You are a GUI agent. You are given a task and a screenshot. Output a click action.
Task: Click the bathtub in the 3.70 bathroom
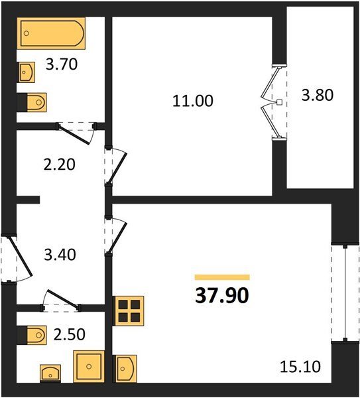[x=51, y=33]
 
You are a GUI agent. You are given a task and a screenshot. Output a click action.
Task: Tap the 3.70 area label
[x=62, y=64]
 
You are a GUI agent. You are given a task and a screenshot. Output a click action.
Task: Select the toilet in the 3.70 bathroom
[x=32, y=102]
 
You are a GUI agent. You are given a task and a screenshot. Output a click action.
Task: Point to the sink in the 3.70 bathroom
[x=26, y=72]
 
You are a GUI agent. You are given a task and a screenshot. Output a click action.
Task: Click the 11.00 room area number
[x=193, y=101]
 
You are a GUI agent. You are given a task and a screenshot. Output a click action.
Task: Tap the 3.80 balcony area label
[x=317, y=95]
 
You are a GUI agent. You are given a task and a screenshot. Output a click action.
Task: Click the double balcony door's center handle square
[x=279, y=102]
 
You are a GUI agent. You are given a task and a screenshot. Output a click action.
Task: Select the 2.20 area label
[x=60, y=165]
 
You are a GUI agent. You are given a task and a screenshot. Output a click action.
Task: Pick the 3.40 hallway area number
[x=60, y=255]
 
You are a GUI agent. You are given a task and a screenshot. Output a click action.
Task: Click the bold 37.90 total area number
[x=222, y=296]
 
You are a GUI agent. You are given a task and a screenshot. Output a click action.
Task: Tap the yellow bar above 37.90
[x=222, y=277]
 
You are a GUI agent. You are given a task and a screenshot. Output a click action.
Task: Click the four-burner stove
[x=128, y=311]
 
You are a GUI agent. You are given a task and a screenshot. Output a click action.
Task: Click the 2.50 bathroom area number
[x=70, y=334]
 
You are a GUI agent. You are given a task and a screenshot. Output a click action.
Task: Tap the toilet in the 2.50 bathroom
[x=32, y=335]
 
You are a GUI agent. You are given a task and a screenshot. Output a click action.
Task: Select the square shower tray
[x=89, y=366]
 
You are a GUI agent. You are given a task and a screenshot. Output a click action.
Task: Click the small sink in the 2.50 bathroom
[x=50, y=373]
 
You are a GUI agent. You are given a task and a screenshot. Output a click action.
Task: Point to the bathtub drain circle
[x=27, y=33]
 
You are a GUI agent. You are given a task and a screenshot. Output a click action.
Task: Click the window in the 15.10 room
[x=345, y=294]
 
